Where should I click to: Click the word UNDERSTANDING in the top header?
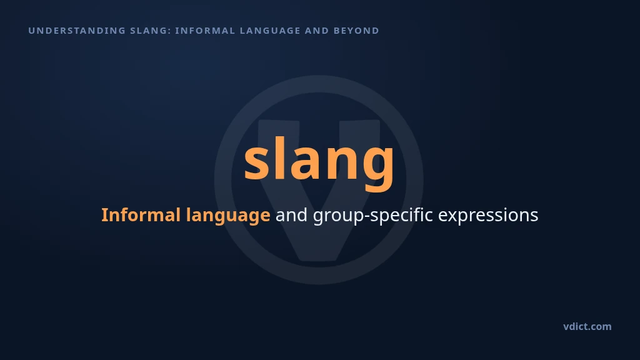(77, 31)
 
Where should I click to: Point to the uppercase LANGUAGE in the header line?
(270, 31)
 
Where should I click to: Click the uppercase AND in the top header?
(317, 31)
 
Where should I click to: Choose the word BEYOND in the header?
(356, 31)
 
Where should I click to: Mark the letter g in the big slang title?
(379, 169)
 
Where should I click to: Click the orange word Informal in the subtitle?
(141, 215)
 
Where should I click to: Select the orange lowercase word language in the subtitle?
(228, 216)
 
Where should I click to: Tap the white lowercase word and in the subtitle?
(291, 215)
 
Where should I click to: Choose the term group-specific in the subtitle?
(372, 216)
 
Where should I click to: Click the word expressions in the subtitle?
(488, 216)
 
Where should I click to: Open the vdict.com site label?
(587, 326)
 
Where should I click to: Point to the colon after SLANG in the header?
(169, 31)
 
